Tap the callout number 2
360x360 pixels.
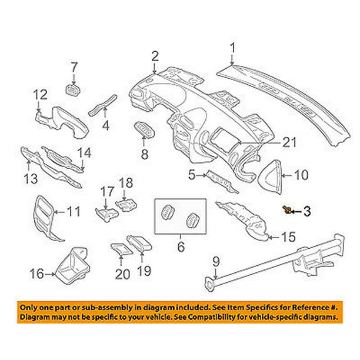click(155, 56)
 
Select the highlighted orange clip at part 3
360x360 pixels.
click(286, 209)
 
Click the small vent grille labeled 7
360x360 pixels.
click(73, 89)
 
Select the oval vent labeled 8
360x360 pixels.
click(144, 128)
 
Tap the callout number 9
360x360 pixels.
click(215, 259)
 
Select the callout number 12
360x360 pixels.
click(39, 94)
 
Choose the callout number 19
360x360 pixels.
click(144, 271)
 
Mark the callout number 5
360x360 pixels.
click(192, 174)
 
